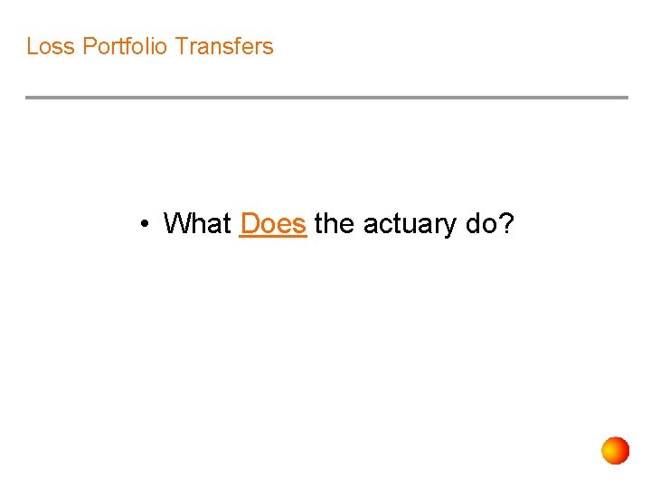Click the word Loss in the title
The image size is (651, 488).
pos(51,46)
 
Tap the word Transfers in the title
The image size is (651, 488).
pos(224,46)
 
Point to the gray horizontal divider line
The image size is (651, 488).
pos(325,98)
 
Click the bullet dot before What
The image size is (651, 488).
pos(145,223)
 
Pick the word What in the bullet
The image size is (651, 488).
pos(197,223)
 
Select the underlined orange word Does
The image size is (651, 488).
pos(273,223)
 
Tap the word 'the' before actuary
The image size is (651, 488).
pos(335,223)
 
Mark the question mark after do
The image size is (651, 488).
pos(506,223)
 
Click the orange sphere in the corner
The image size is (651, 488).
pos(615,450)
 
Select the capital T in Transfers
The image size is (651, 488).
pos(181,46)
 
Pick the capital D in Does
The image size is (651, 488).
pos(250,223)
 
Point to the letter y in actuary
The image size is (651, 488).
pos(450,226)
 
